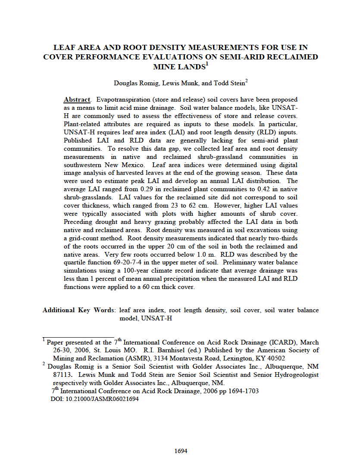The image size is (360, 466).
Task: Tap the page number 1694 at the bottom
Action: (x=181, y=451)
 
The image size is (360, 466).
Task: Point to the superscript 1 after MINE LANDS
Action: (x=207, y=64)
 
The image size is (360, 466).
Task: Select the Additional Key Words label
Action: (x=78, y=310)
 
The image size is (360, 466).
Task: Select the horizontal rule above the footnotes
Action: (x=78, y=337)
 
